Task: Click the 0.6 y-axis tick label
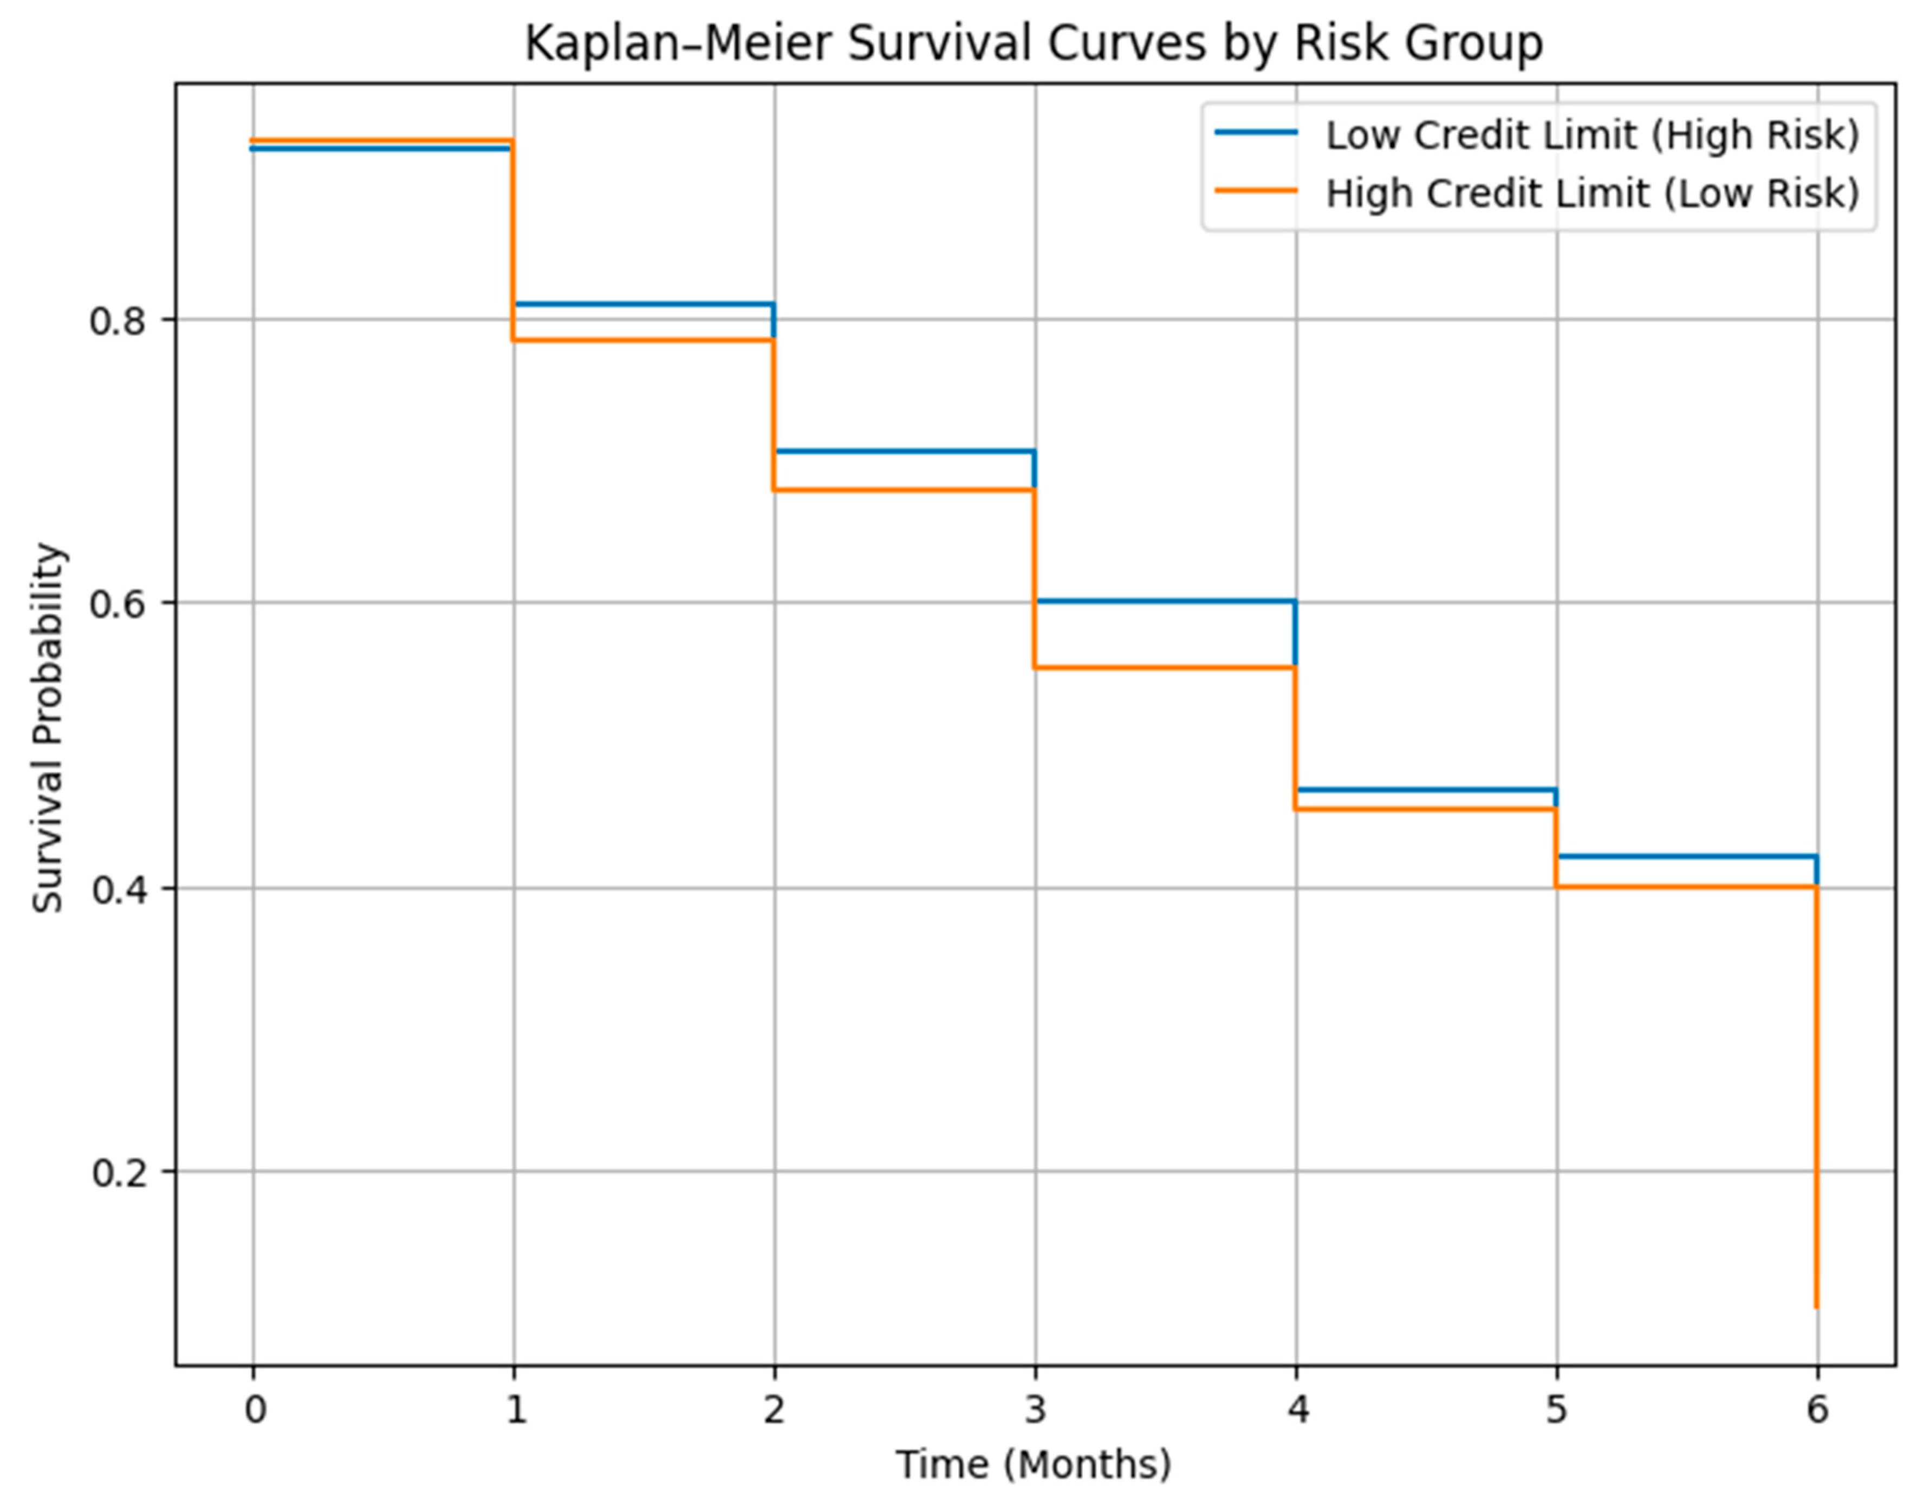pos(118,604)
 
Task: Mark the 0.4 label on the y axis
pos(118,888)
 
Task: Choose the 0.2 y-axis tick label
pos(118,1173)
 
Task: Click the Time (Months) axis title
pos(1034,1464)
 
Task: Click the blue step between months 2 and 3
pos(905,451)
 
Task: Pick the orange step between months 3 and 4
pos(1165,667)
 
